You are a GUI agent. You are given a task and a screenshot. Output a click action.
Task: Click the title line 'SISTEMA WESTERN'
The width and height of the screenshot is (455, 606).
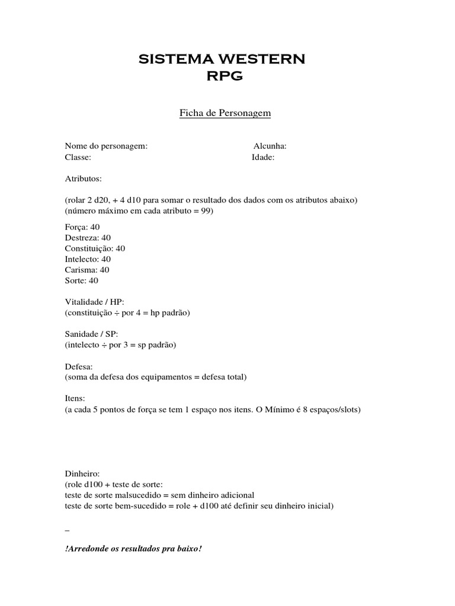[x=222, y=59]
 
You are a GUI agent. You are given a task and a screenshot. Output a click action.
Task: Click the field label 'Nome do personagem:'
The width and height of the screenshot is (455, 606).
[x=106, y=146]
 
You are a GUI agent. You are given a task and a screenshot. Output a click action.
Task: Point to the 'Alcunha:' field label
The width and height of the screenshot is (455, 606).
[x=270, y=146]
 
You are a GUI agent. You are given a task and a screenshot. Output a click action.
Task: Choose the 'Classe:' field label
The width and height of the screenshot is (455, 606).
[x=78, y=157]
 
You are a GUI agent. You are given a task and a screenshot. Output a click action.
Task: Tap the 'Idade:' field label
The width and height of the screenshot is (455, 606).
[x=263, y=157]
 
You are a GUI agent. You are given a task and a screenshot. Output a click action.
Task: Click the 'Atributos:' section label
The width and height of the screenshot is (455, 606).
[x=84, y=178]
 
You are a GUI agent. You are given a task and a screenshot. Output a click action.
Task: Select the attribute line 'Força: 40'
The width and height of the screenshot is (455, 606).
[x=83, y=227]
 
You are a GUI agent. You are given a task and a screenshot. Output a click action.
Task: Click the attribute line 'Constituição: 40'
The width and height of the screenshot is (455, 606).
[x=95, y=249]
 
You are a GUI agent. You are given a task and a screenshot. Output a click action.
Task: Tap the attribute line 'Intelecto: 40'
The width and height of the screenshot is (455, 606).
[x=88, y=259]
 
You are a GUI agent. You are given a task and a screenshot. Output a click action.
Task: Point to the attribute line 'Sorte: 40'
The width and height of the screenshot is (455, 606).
[x=82, y=281]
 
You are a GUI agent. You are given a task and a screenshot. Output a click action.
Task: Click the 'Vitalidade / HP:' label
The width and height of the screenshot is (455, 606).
[x=95, y=302]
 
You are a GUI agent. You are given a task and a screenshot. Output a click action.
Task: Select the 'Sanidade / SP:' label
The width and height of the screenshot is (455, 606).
[x=92, y=334]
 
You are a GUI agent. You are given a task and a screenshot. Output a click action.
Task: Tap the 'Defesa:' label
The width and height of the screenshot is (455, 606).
[x=79, y=366]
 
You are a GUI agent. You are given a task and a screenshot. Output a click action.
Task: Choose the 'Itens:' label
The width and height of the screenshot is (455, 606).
[x=75, y=399]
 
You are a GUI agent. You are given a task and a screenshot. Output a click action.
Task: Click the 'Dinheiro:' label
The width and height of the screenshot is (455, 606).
[x=83, y=474]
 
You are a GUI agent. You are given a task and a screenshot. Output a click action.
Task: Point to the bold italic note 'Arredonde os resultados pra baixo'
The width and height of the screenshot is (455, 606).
[x=133, y=549]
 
